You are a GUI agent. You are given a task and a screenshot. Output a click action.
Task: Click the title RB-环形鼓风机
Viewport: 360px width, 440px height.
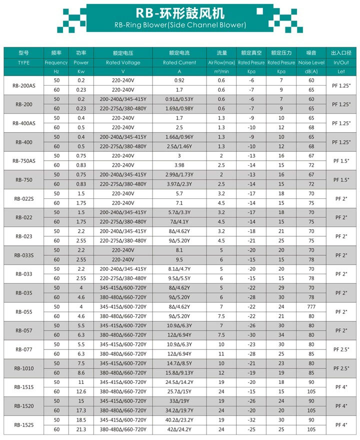tap(180, 12)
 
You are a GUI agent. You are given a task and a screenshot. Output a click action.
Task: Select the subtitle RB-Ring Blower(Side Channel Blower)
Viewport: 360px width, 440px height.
tap(180, 25)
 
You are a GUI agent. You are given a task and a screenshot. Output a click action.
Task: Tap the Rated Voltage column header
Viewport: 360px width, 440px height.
tap(123, 63)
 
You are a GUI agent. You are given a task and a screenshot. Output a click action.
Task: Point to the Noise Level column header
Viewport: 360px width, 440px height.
tap(311, 63)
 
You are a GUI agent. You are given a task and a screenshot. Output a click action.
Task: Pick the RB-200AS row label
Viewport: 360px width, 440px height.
tap(23, 85)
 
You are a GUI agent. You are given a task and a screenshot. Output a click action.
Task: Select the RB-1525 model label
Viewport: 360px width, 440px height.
tap(23, 425)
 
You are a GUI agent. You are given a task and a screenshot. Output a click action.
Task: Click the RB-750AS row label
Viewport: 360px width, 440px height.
tap(23, 160)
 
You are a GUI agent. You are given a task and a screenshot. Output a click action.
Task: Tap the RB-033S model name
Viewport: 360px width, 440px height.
tap(23, 255)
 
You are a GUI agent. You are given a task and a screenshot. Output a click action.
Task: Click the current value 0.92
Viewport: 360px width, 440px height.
tap(179, 81)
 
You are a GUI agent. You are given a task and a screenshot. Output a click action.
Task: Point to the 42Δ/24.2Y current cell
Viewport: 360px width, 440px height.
tap(179, 429)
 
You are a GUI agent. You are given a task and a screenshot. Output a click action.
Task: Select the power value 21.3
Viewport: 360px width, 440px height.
tap(81, 429)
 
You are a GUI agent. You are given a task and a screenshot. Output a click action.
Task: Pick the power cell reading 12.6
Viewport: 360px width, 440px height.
tap(81, 391)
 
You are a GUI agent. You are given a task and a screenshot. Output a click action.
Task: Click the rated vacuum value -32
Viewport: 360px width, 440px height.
tap(251, 420)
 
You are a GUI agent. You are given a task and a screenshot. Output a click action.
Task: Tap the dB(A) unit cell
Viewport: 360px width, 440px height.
tap(311, 72)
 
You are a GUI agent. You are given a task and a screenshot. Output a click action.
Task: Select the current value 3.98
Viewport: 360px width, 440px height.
tap(179, 165)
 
